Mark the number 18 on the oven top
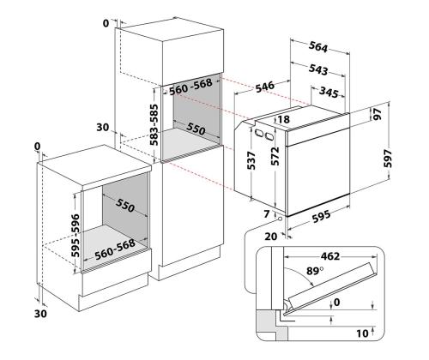point(282,120)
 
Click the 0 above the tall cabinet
point(106,23)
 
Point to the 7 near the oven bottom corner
point(267,213)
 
